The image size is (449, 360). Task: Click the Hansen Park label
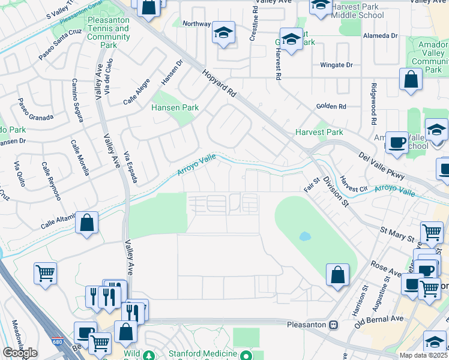pyautogui.click(x=174, y=109)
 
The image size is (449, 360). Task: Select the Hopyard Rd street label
pyautogui.click(x=219, y=84)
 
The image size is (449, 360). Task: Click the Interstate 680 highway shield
pyautogui.click(x=56, y=336)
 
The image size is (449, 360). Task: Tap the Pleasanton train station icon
pyautogui.click(x=334, y=325)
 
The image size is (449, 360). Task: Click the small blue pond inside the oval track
pyautogui.click(x=305, y=236)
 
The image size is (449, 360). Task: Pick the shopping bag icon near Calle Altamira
pyautogui.click(x=87, y=223)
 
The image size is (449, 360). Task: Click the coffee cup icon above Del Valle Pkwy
pyautogui.click(x=396, y=143)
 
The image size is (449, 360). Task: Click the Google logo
pyautogui.click(x=20, y=353)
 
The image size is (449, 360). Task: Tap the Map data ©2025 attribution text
pyautogui.click(x=423, y=355)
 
